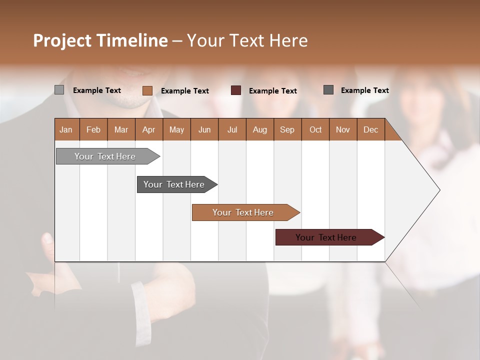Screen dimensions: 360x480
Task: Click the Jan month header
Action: (x=66, y=129)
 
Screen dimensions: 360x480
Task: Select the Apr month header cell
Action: (x=149, y=129)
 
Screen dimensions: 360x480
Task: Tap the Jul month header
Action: (x=232, y=129)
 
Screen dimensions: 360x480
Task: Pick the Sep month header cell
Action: (x=287, y=129)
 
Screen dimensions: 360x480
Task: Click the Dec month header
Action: (x=370, y=129)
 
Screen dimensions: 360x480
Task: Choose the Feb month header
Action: (x=93, y=129)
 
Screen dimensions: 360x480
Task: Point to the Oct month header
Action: (x=315, y=129)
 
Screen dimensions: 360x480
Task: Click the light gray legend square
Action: (x=59, y=90)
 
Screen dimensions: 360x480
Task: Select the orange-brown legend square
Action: (x=147, y=90)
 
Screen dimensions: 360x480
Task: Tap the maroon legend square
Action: (x=236, y=90)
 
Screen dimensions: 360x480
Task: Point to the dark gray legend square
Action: (x=328, y=90)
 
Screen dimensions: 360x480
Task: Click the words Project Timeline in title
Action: (x=100, y=40)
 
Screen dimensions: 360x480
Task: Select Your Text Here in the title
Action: (x=247, y=40)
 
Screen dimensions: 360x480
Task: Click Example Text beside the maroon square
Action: (x=273, y=91)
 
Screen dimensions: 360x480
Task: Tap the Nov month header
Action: (x=343, y=129)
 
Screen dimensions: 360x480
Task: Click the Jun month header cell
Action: (x=204, y=129)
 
